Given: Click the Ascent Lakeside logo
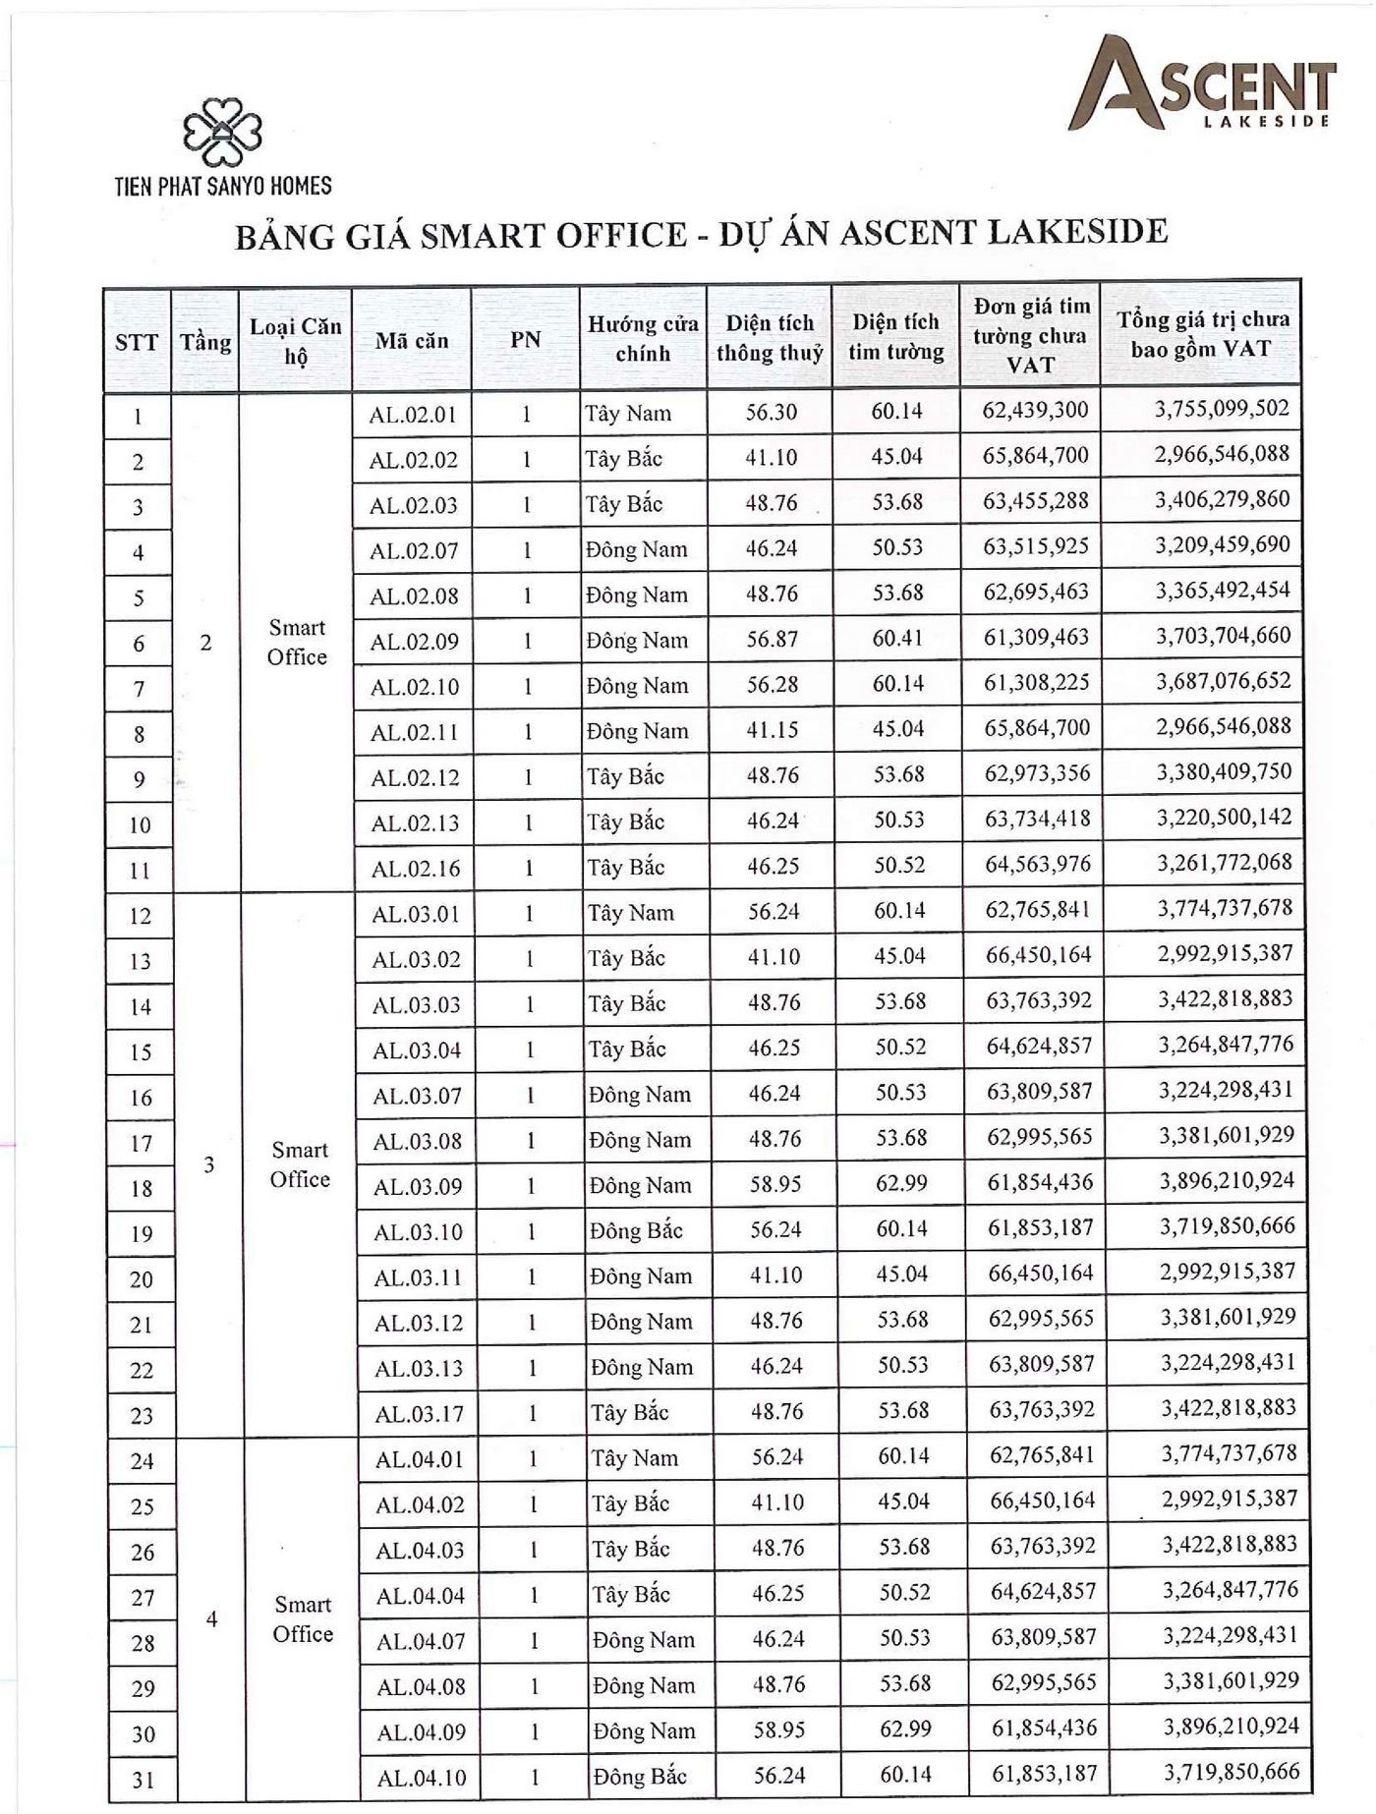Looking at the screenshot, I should [x=1202, y=83].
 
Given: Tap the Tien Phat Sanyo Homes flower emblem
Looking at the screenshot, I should [x=223, y=132].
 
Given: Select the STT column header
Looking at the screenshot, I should [x=137, y=342].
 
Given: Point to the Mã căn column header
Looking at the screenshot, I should [x=412, y=341].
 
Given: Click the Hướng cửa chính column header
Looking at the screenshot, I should [x=643, y=338].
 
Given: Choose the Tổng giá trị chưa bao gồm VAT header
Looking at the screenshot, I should [x=1201, y=334].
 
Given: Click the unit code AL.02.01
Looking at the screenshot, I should [x=413, y=415].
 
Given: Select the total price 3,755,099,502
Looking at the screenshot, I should [x=1222, y=409].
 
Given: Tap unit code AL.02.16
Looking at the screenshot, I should [x=415, y=869].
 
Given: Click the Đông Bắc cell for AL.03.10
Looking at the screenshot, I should [x=637, y=1230].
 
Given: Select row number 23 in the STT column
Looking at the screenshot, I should [x=142, y=1415].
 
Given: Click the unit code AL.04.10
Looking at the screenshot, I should [x=422, y=1778].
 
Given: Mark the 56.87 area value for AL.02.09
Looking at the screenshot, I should [x=772, y=640].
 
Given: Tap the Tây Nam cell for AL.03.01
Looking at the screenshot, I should [x=631, y=913].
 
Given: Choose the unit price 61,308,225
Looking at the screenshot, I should [x=1037, y=682].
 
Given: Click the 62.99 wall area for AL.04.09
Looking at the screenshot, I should [x=905, y=1729].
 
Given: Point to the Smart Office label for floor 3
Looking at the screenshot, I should [x=300, y=1164].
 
